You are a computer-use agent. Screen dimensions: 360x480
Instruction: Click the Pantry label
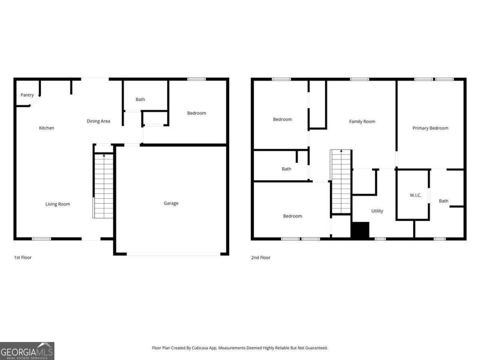[x=27, y=95]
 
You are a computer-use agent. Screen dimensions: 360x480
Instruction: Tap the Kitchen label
[x=46, y=128]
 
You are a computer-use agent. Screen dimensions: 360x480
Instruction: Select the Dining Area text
[x=98, y=121]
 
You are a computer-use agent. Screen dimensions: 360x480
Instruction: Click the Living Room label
[x=58, y=204]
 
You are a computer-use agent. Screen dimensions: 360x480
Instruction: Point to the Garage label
[x=171, y=203]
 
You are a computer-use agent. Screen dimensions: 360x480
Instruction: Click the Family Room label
[x=362, y=122]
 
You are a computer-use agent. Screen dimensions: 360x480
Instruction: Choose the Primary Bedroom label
[x=430, y=128]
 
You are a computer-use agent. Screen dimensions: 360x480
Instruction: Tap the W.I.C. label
[x=415, y=195]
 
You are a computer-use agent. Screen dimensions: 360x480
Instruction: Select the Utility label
[x=377, y=211]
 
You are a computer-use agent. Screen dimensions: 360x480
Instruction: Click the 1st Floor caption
[x=22, y=258]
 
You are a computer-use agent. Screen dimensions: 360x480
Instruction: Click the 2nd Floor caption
[x=260, y=258]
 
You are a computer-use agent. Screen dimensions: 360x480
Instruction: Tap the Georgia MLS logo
[x=27, y=351]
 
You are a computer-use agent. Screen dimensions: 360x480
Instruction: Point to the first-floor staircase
[x=104, y=186]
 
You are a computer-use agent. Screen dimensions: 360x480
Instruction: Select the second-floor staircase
[x=341, y=182]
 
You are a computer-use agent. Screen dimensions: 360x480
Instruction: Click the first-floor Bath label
[x=140, y=100]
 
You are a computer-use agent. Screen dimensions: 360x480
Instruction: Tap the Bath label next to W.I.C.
[x=444, y=201]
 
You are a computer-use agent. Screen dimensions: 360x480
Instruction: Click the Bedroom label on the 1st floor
[x=196, y=113]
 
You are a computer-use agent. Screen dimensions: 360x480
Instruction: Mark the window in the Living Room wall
[x=42, y=239]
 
